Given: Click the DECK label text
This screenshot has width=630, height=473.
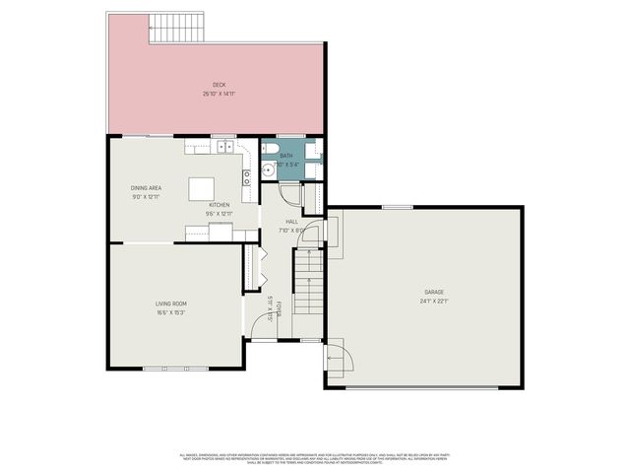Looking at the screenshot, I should coord(218,85).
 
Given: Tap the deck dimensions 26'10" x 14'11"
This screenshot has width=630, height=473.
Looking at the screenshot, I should coord(218,94).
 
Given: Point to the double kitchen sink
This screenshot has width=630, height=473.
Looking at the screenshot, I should coord(224,147).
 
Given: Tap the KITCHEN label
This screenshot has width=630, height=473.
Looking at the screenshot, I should coord(219,204).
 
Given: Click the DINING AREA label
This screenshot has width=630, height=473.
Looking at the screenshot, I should coord(146,187).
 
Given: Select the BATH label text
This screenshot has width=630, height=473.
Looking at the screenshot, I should coord(285,156).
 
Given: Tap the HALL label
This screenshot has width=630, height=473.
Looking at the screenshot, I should coord(291,222).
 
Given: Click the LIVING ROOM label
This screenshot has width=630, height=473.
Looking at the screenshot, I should coord(170,304).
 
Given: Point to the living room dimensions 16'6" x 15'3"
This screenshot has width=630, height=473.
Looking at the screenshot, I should coord(170,313).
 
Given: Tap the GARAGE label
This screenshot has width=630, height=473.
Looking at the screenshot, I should coord(435,293).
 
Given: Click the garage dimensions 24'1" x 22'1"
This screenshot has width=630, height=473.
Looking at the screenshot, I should coord(435,302).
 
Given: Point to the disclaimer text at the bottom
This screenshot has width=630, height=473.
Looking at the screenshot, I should coord(315,458).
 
